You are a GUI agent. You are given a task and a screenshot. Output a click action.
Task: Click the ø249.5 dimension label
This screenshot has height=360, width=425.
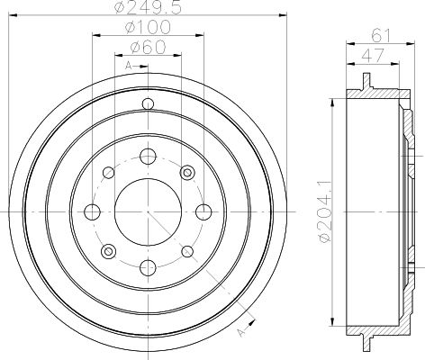[149, 7]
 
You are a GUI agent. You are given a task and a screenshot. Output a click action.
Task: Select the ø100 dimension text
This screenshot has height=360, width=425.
[148, 27]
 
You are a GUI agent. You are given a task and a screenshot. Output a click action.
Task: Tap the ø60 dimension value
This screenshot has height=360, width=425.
[148, 47]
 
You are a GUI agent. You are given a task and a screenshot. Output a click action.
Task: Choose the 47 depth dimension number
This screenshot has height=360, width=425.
[373, 56]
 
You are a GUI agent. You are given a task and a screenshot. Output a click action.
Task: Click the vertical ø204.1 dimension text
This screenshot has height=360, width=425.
[327, 211]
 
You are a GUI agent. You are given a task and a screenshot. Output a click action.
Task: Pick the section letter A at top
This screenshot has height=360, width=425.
[128, 66]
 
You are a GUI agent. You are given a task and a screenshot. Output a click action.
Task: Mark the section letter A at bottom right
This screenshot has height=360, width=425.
[241, 332]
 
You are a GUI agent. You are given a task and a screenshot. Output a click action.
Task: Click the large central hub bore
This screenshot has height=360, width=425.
[148, 211]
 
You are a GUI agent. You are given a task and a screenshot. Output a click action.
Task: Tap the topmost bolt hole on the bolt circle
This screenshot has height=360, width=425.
[148, 157]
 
